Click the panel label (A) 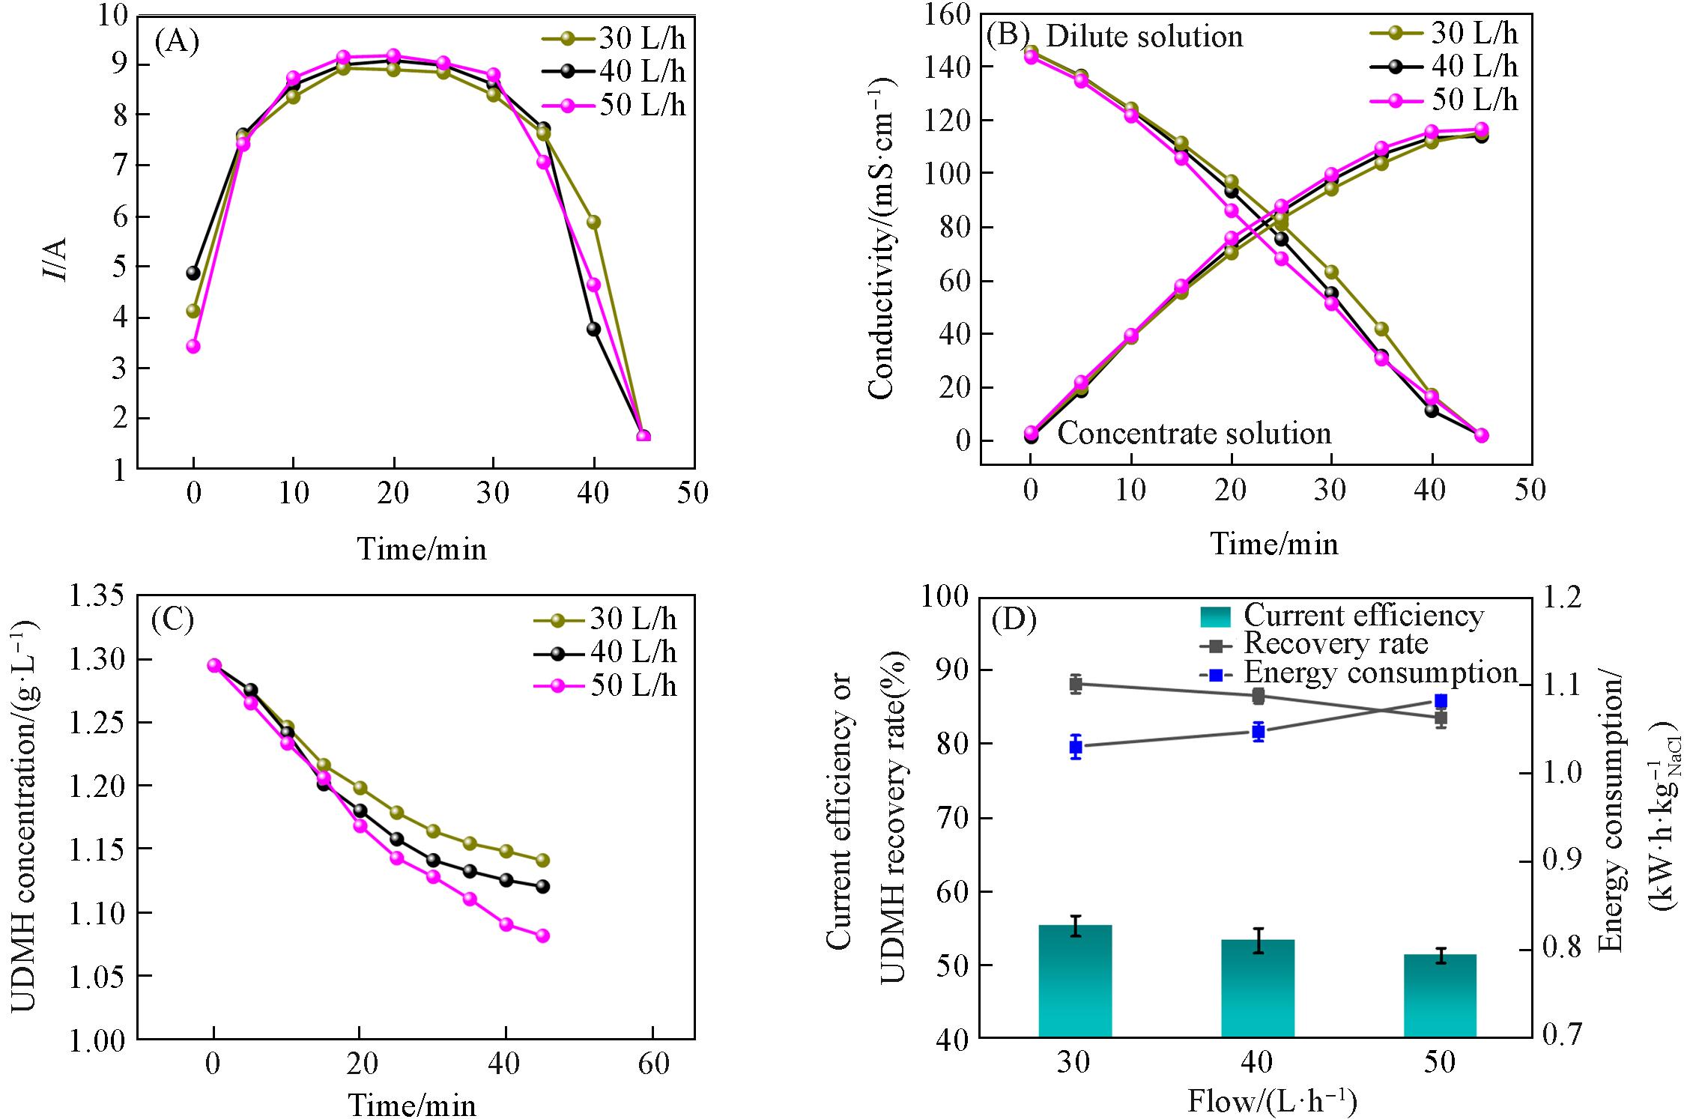point(177,41)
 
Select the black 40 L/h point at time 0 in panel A point(193,273)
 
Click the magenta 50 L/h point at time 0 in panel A point(193,346)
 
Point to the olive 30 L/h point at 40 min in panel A point(593,222)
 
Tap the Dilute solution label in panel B point(1143,36)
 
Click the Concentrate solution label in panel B point(1194,434)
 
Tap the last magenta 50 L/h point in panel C point(542,935)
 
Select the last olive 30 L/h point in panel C point(542,861)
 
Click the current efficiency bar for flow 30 point(1075,981)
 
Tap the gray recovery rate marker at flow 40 point(1258,697)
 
